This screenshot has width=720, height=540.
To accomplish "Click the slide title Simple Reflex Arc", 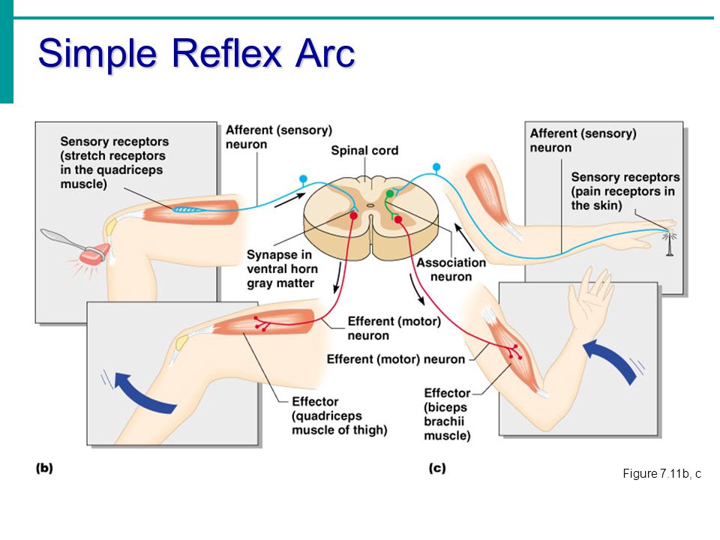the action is pyautogui.click(x=196, y=54).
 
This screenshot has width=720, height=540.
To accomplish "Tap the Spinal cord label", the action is pyautogui.click(x=364, y=151).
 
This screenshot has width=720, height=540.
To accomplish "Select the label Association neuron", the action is pyautogui.click(x=451, y=269).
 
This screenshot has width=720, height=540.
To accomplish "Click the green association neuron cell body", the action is pyautogui.click(x=390, y=193).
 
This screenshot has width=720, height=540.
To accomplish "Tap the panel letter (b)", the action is pyautogui.click(x=44, y=468).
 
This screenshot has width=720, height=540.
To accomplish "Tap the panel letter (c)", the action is pyautogui.click(x=437, y=468).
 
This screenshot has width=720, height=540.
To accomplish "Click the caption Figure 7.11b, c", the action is pyautogui.click(x=661, y=473).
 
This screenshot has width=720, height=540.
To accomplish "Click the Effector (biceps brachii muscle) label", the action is pyautogui.click(x=447, y=414).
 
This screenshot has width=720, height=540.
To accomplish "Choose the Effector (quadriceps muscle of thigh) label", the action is pyautogui.click(x=339, y=415).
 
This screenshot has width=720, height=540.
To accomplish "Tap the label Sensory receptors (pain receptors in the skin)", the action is pyautogui.click(x=625, y=191).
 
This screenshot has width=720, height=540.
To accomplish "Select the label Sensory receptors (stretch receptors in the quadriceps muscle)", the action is pyautogui.click(x=114, y=163).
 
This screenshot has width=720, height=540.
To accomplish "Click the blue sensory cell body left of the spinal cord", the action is pyautogui.click(x=303, y=178).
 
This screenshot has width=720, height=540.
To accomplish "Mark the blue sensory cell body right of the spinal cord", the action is pyautogui.click(x=436, y=166).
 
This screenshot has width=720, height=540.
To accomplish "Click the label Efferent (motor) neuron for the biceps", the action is pyautogui.click(x=396, y=359).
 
